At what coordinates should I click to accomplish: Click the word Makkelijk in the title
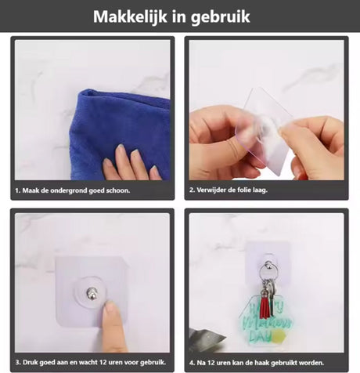click(130, 16)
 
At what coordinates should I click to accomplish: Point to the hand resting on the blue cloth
click(131, 163)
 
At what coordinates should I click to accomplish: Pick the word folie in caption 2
click(244, 190)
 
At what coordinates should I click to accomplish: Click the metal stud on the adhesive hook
click(91, 293)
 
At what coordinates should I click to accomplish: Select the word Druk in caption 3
click(29, 362)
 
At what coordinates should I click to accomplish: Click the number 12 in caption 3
click(97, 362)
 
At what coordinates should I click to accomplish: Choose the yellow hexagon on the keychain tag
click(279, 336)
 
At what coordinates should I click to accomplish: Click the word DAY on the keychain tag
click(260, 336)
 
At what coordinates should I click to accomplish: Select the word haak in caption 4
click(263, 363)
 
